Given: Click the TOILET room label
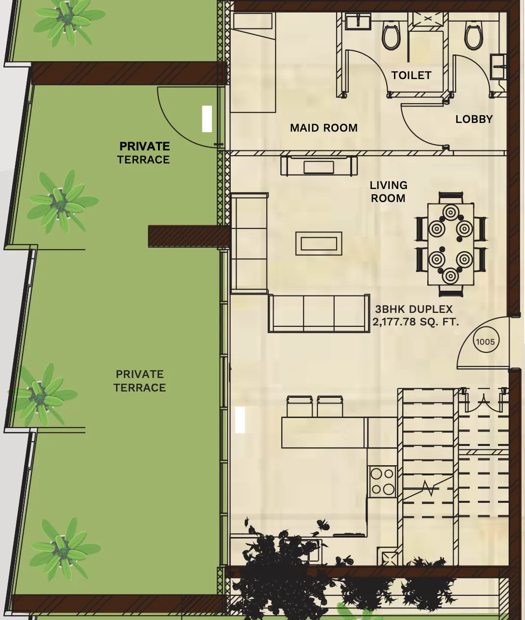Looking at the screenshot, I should pos(411,75).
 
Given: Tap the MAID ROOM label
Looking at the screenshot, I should pos(324,128).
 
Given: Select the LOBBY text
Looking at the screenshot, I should pos(474,119).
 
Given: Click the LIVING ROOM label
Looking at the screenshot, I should pos(388,191).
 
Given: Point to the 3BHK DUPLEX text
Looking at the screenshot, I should pos(414,310).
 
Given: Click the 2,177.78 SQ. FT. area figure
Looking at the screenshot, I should pos(415,322).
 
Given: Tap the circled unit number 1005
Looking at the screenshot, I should pos(485,342).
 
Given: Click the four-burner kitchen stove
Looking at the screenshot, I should pos(382,482).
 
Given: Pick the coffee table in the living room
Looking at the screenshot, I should pos(319,243).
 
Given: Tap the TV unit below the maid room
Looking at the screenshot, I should pos(319,166).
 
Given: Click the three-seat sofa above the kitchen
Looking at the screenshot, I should pos(319,313).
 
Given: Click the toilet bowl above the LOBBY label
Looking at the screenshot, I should pos(473,35).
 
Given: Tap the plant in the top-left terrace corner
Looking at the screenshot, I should pos(67,19).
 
